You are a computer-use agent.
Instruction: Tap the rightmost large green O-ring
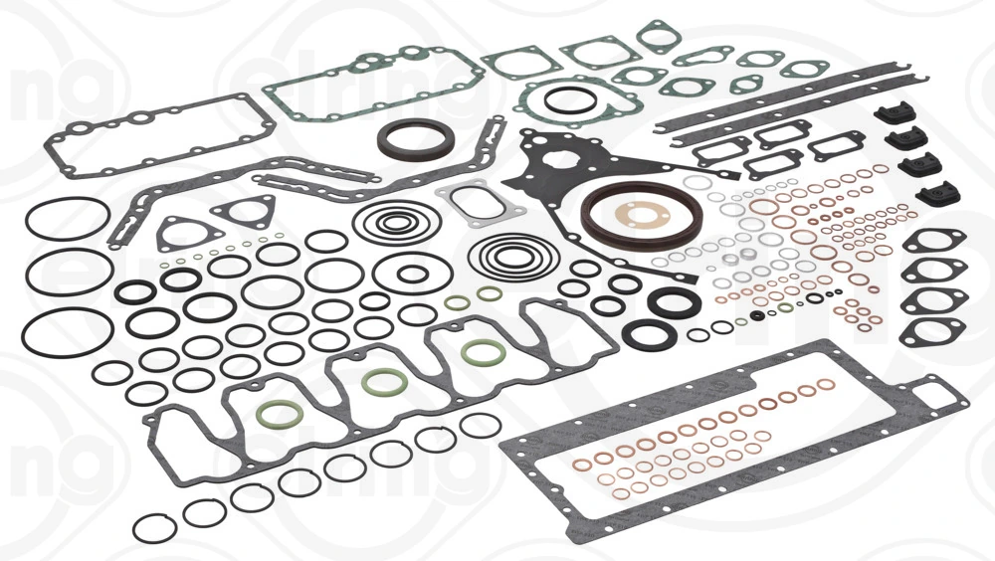[484, 352]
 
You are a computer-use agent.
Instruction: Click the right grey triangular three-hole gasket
[243, 211]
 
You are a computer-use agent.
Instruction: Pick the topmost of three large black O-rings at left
[68, 218]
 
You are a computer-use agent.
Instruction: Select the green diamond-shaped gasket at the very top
[658, 36]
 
